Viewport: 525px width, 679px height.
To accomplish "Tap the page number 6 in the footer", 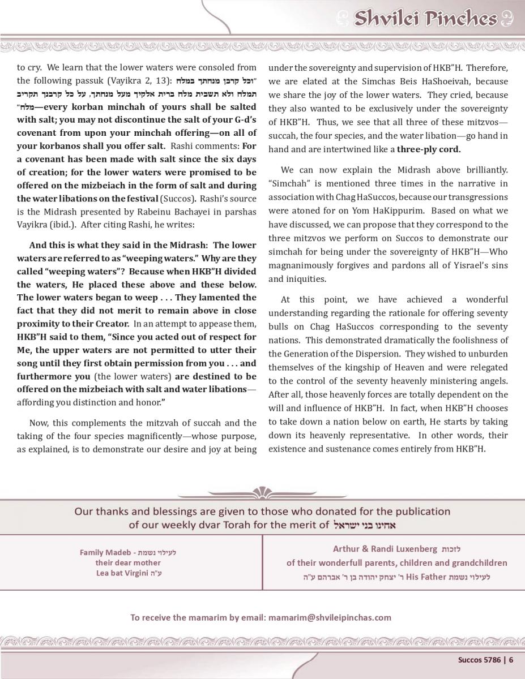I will coord(511,659).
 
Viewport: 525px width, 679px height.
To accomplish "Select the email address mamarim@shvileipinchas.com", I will coord(329,617).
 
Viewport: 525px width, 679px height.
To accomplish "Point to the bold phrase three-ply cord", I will coord(429,150).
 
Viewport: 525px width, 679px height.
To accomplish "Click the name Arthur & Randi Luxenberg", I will coord(385,549).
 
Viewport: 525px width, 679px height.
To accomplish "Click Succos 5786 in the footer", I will coord(479,659).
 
